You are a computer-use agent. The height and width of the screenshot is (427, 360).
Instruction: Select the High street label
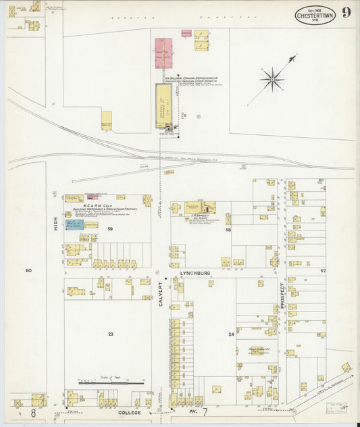point(56,224)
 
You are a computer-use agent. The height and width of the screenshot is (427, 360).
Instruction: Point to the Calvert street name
point(161,293)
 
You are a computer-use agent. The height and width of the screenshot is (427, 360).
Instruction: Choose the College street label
point(130,411)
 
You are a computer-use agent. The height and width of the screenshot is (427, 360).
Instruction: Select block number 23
point(109,334)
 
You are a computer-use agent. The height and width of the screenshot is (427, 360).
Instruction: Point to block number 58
point(228,230)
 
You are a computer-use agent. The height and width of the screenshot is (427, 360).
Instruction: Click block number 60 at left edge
point(28,270)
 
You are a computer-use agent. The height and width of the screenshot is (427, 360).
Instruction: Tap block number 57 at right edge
point(323,270)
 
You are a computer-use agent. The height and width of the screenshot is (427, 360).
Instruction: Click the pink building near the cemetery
point(163,53)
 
